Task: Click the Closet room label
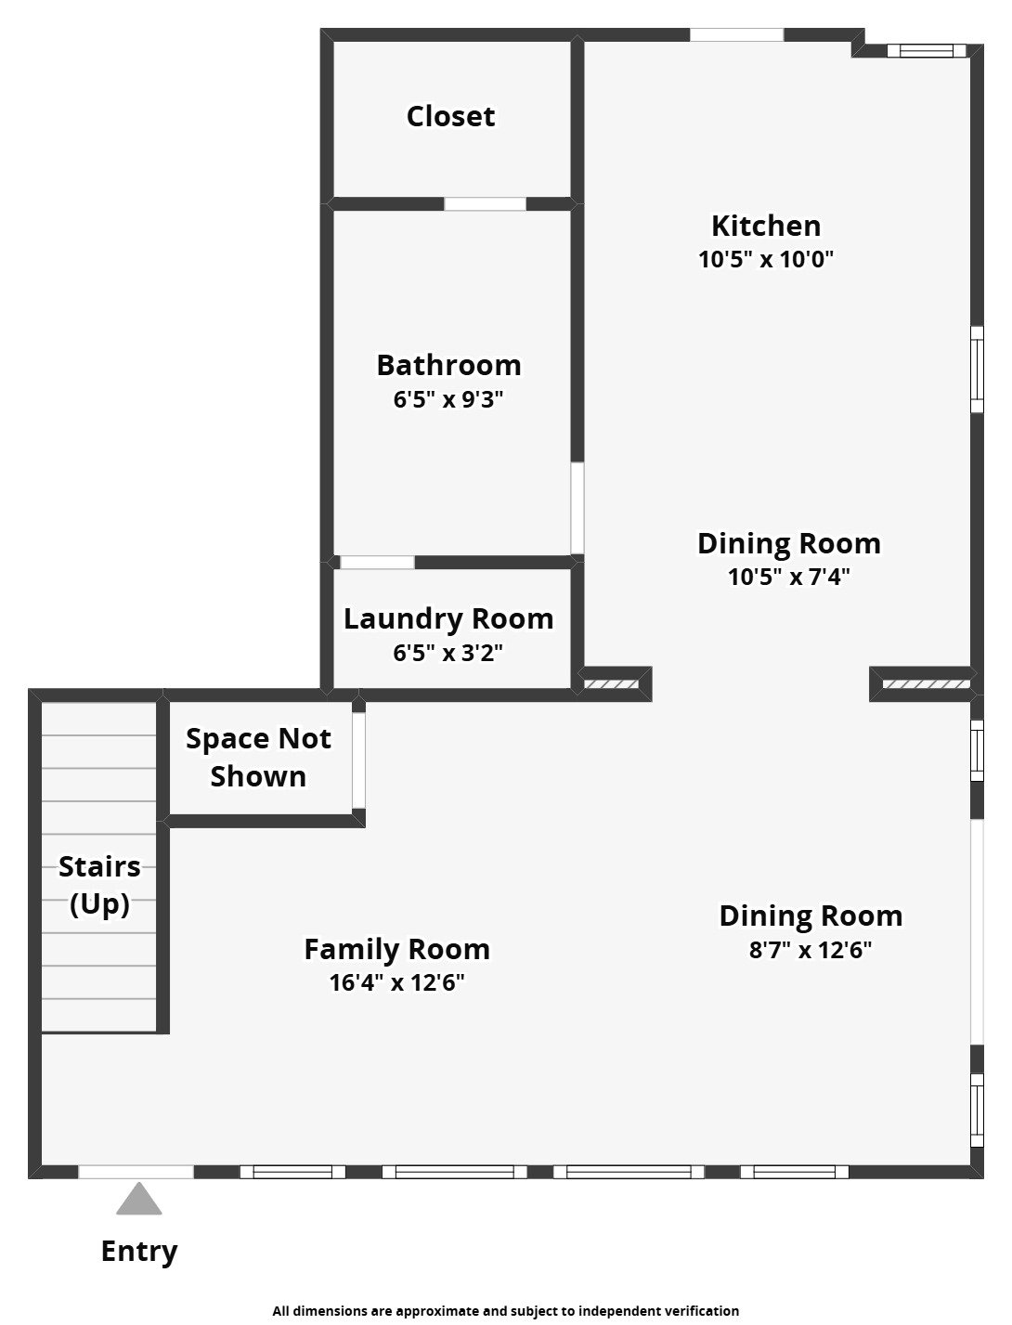[450, 116]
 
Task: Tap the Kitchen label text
[766, 226]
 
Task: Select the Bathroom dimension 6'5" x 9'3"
[448, 399]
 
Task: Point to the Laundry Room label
[448, 618]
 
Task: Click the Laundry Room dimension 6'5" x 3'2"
[448, 653]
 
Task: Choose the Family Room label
[396, 949]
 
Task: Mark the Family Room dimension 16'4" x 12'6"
[396, 982]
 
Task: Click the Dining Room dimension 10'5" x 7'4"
[788, 577]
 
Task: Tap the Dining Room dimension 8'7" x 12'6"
[811, 950]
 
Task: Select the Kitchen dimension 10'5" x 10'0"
[766, 259]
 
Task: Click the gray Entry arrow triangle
[138, 1201]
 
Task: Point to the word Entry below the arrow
[138, 1251]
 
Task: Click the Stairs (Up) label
[99, 884]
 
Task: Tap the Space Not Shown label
[258, 757]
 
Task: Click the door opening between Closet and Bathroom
[485, 204]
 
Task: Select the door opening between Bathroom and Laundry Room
[377, 563]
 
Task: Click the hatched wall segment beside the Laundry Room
[611, 684]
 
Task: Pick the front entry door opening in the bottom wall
[136, 1172]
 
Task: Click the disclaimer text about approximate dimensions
[505, 1311]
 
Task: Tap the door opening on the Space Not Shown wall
[358, 760]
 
